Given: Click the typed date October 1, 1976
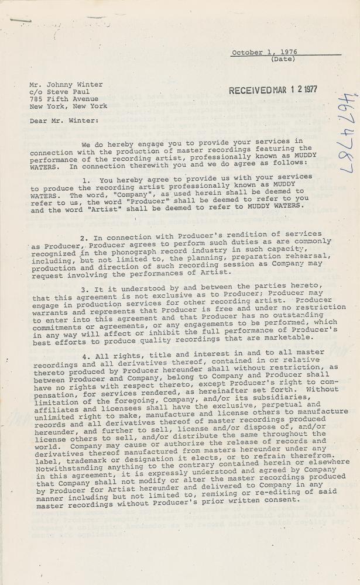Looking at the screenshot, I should (264, 52).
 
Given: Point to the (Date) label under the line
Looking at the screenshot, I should (283, 59).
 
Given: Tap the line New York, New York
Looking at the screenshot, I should (68, 106).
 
